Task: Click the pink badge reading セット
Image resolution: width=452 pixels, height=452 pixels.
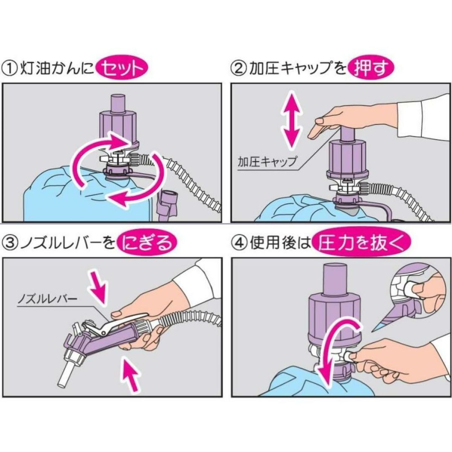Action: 122,69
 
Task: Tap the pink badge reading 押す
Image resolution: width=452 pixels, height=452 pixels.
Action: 371,69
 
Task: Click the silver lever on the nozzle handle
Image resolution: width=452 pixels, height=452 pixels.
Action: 118,323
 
